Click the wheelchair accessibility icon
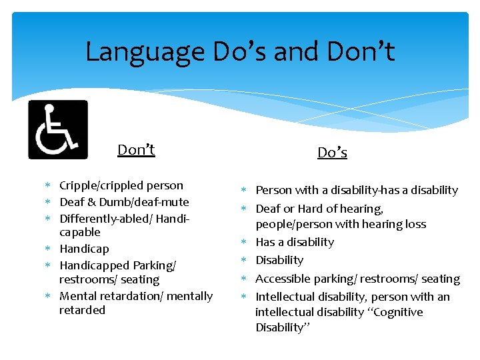click(x=58, y=129)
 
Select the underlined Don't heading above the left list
click(x=136, y=150)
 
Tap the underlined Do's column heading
click(x=332, y=153)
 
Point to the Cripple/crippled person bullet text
click(x=121, y=185)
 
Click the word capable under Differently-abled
click(x=79, y=232)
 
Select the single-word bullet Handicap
click(x=84, y=249)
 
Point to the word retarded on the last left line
click(x=82, y=310)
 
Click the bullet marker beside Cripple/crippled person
click(x=49, y=186)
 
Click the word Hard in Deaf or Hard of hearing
click(x=311, y=209)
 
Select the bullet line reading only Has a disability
click(x=295, y=242)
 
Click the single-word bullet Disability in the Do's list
click(x=279, y=260)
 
